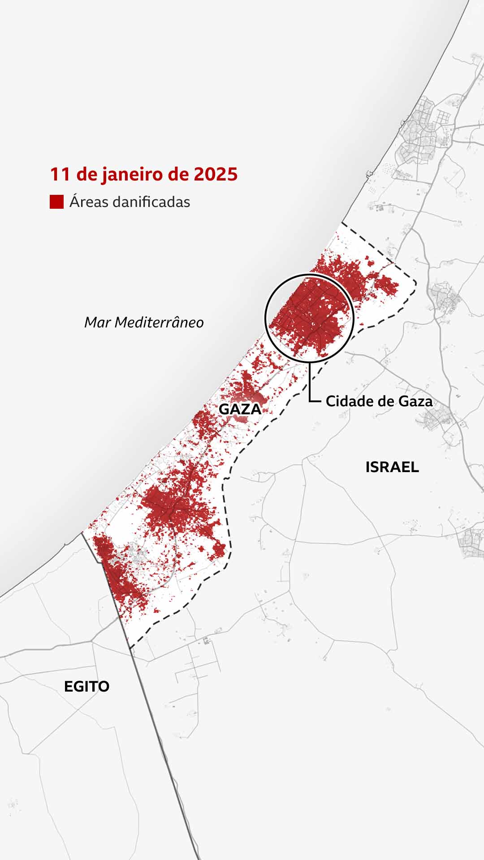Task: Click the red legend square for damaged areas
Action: point(56,202)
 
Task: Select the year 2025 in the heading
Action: point(216,174)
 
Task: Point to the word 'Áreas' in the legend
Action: point(88,202)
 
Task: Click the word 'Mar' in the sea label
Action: point(98,322)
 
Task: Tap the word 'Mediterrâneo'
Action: point(159,322)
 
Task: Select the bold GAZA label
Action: point(240,409)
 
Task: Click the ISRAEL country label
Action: point(392,467)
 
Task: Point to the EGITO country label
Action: point(86,687)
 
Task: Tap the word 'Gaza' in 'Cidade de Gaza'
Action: point(415,401)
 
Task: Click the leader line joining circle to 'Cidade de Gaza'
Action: point(310,381)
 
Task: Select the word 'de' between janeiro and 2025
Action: point(178,174)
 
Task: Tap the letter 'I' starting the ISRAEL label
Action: point(368,467)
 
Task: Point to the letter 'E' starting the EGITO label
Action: point(69,687)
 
